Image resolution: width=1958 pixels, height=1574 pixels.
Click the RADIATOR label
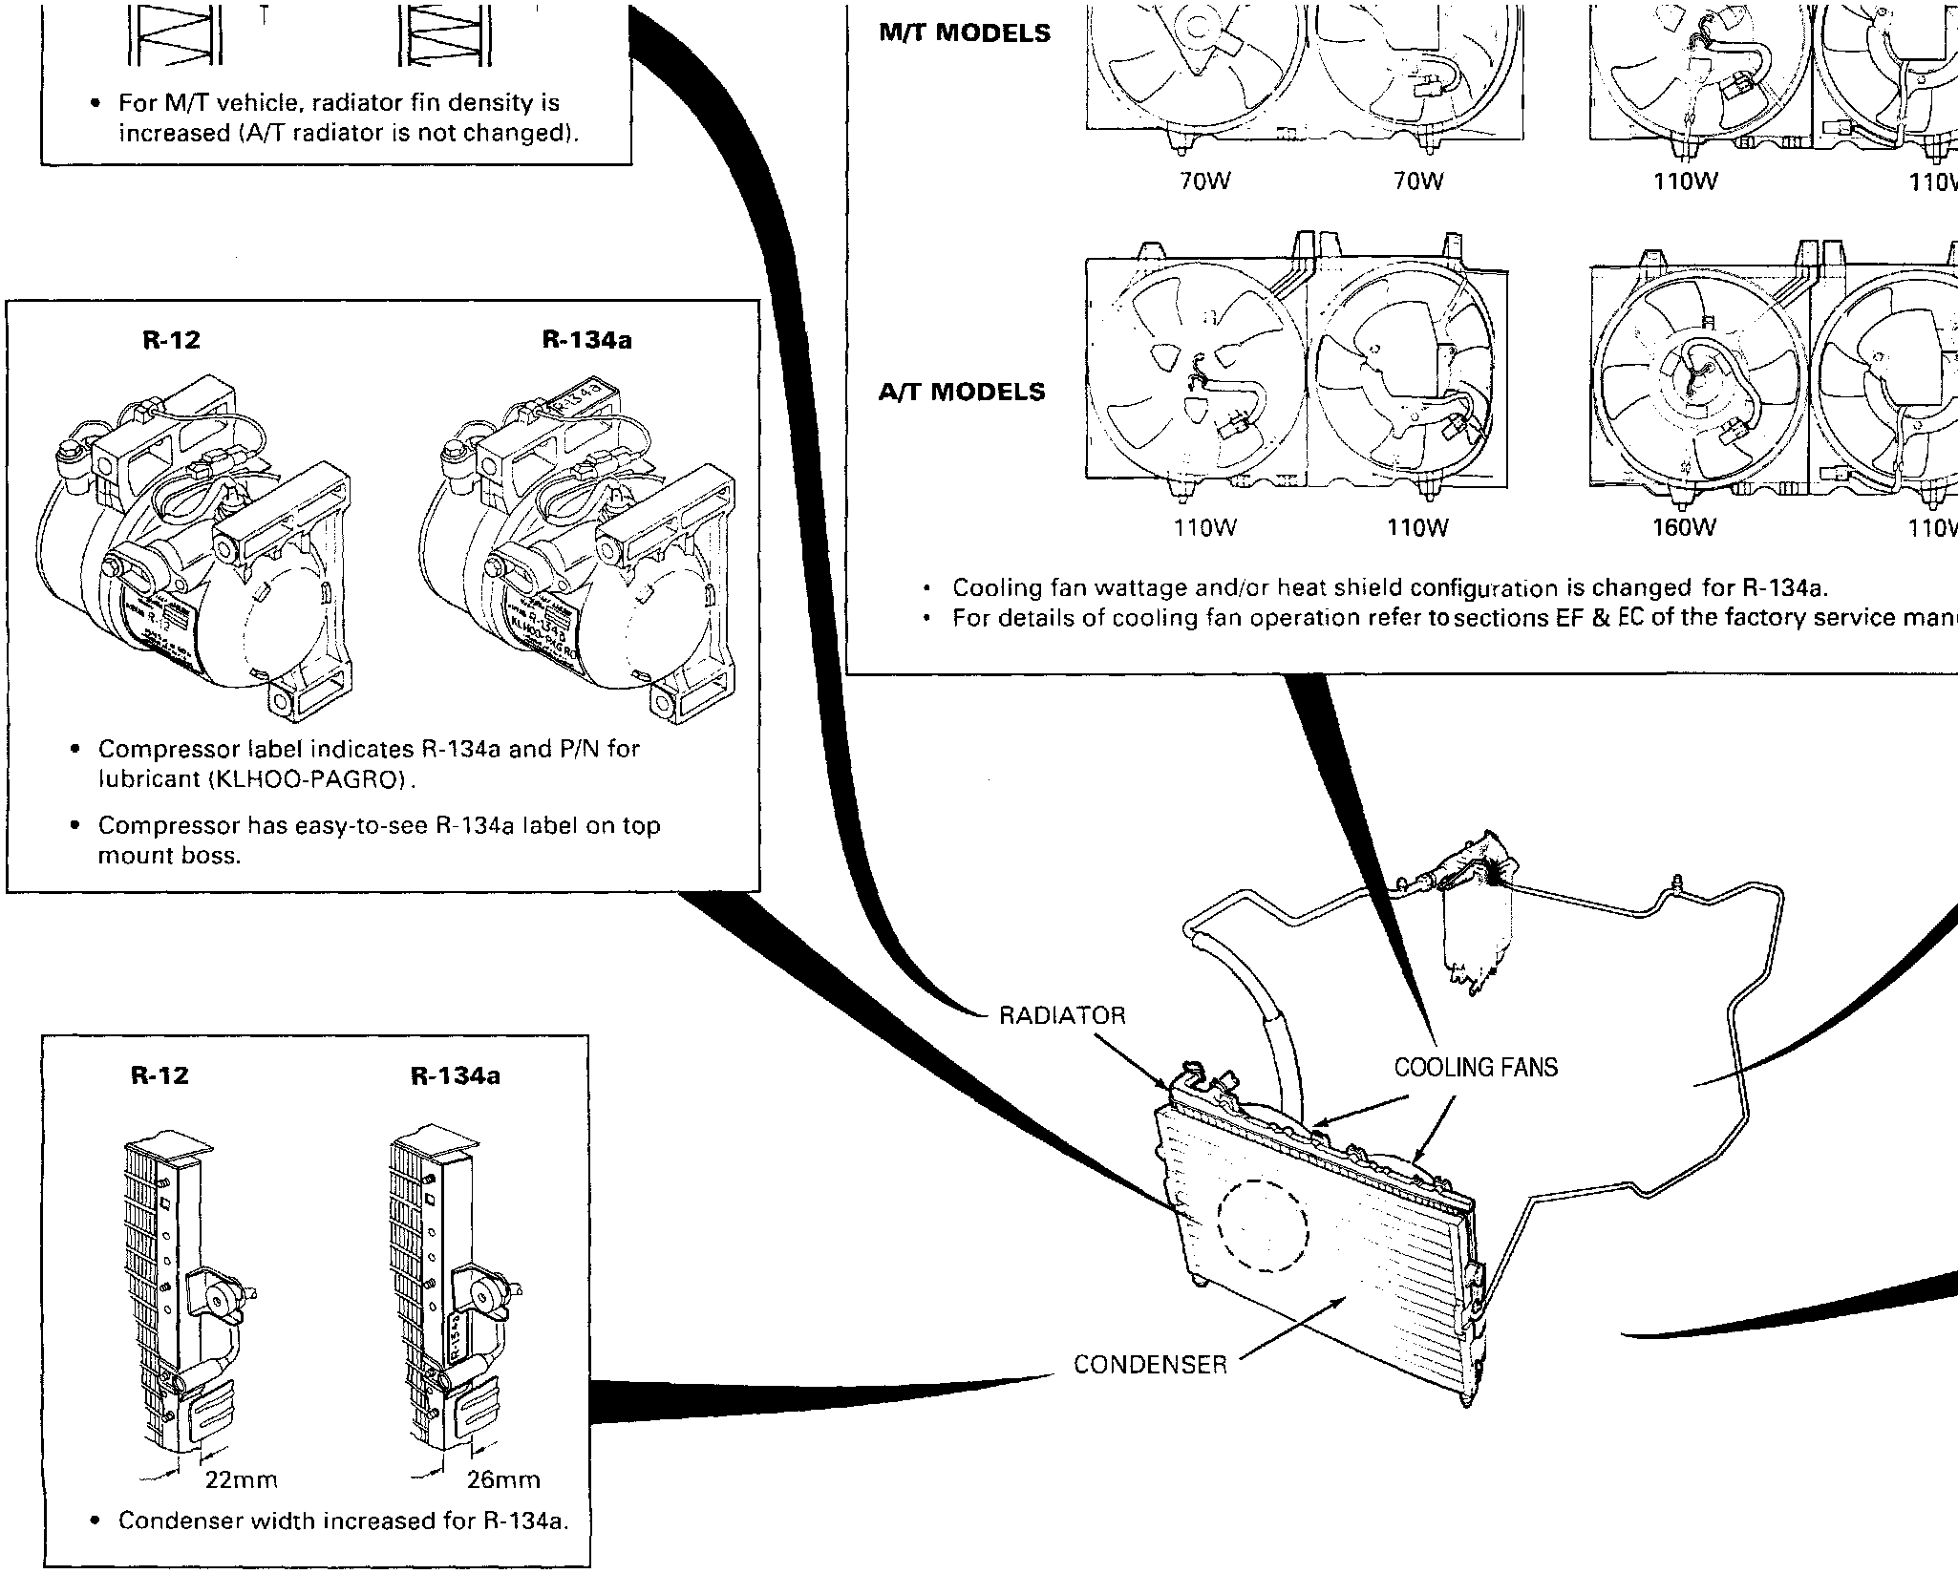[x=1062, y=1015]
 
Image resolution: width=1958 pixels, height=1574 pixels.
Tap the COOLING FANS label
[x=1476, y=1067]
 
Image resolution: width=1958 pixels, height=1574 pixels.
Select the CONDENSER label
[x=1150, y=1365]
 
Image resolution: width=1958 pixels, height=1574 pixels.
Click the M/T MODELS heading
[x=965, y=33]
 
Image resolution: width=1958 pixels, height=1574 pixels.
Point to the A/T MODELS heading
[x=962, y=393]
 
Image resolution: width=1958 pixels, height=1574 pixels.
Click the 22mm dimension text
[x=242, y=1481]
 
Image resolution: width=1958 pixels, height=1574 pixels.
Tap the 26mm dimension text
[x=503, y=1481]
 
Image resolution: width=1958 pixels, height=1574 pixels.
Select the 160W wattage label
[x=1685, y=527]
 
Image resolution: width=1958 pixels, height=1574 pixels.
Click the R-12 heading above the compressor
[x=171, y=341]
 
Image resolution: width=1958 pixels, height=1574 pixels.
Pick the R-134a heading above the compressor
[x=586, y=341]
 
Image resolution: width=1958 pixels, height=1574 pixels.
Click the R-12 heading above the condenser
[x=160, y=1076]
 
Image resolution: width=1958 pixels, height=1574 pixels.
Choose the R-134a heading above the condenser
[x=456, y=1076]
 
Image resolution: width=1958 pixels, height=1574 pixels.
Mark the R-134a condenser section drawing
[x=449, y=1289]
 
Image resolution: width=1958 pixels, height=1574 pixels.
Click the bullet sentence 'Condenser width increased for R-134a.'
[x=343, y=1521]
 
